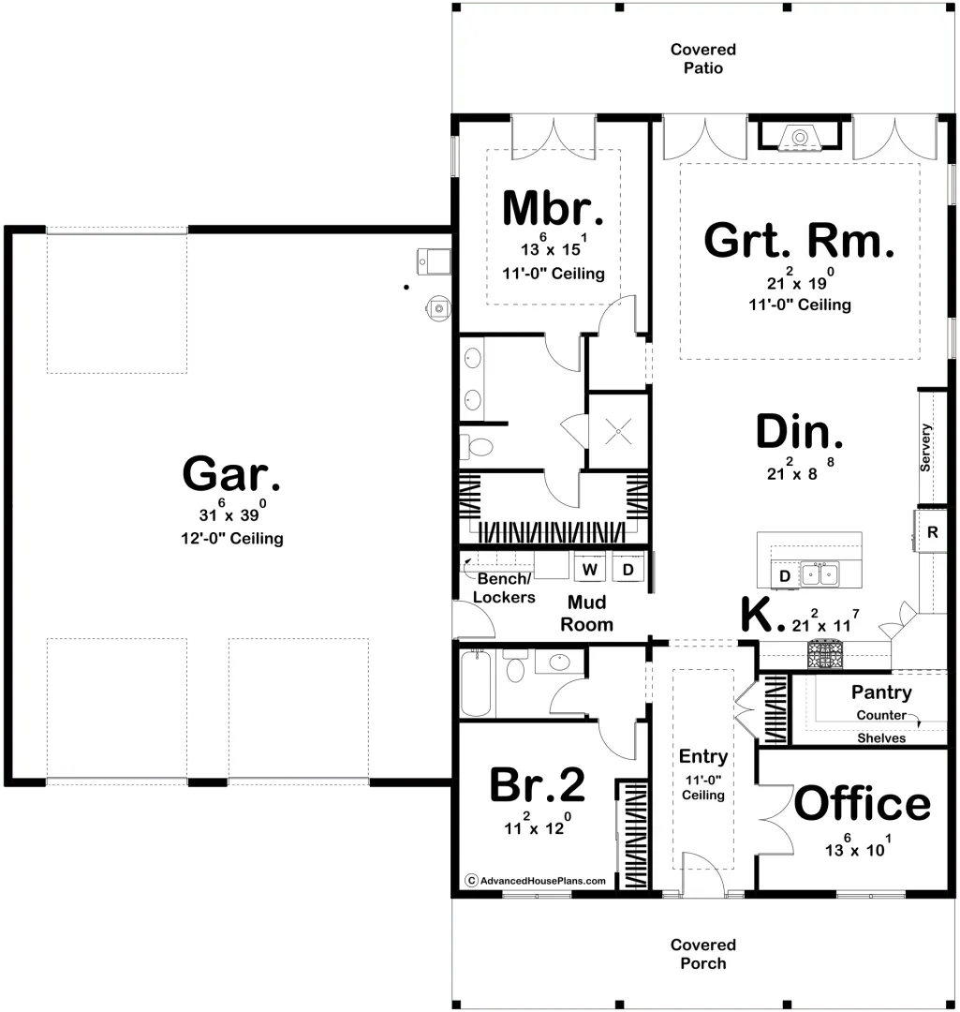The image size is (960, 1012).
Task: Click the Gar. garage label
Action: coord(231,474)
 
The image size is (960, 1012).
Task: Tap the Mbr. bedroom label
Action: coord(553,208)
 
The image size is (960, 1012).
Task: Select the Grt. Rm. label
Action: coord(799,240)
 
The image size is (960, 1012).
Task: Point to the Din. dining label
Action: coord(799,431)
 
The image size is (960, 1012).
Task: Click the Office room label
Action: coord(862,803)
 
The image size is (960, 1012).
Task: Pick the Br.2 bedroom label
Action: coord(537,784)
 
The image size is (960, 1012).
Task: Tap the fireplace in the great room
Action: coord(799,136)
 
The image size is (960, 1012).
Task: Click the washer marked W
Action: coord(590,568)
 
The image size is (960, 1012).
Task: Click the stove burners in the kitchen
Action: coord(824,654)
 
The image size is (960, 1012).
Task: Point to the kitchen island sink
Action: coord(820,573)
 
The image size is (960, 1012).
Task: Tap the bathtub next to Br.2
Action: coord(476,683)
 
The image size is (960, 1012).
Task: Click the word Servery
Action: coord(925,447)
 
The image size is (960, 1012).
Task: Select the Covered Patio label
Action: coord(702,59)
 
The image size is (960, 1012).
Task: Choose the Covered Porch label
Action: coord(702,954)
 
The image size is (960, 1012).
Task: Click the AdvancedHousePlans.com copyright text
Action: coord(536,880)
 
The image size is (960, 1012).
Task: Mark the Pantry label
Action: coord(881,692)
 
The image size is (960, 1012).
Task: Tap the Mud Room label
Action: coord(586,613)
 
